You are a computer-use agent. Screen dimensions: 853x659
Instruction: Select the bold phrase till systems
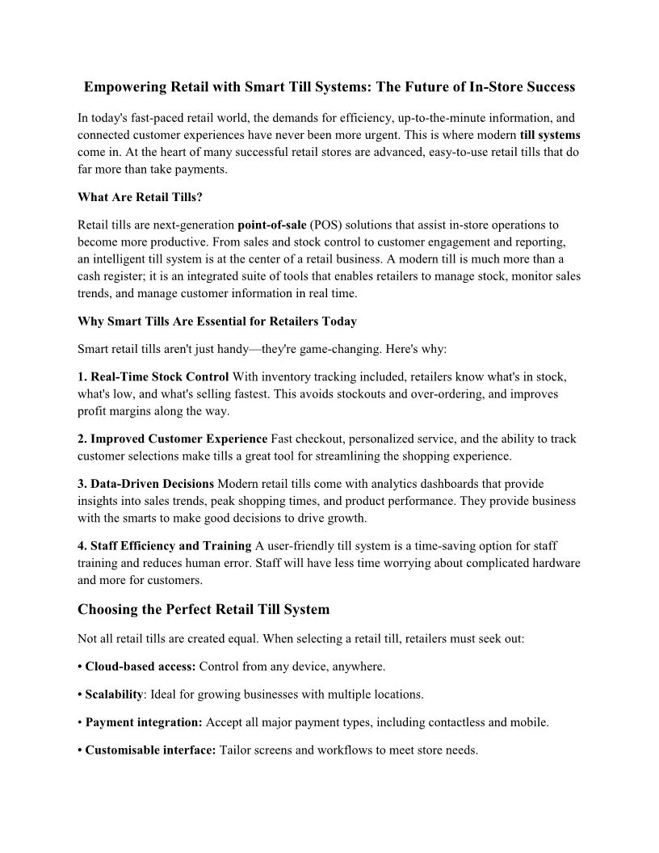coord(550,134)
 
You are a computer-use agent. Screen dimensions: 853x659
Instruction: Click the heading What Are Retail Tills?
coord(140,195)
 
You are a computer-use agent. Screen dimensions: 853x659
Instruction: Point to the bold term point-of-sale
coord(271,225)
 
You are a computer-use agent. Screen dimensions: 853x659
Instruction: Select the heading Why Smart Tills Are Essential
coord(216,321)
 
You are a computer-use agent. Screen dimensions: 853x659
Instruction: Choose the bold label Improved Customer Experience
coord(178,439)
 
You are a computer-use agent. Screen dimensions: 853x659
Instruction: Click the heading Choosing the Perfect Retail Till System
coord(204,608)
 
